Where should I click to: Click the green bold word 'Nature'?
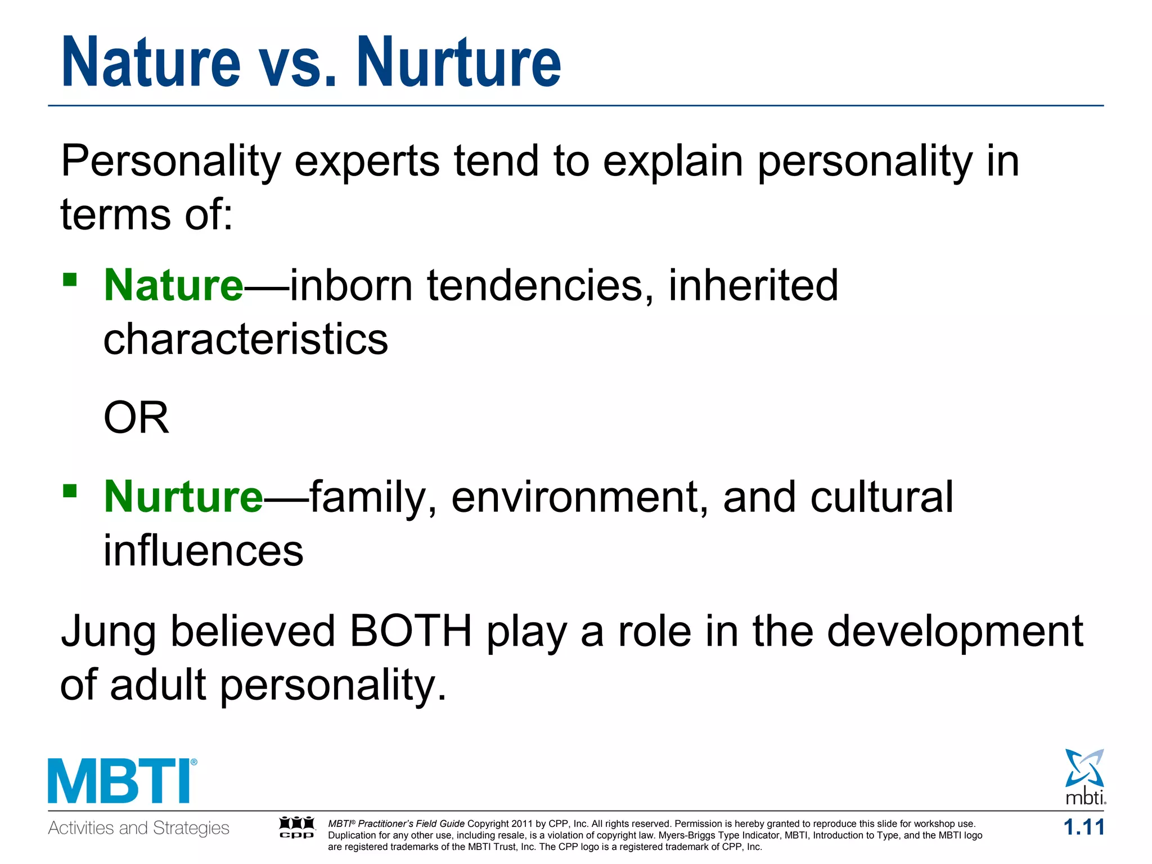click(x=173, y=286)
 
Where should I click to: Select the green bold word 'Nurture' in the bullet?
click(x=183, y=497)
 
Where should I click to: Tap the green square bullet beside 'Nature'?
click(x=70, y=280)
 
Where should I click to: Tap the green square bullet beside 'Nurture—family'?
click(x=70, y=491)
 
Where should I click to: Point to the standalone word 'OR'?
click(x=136, y=418)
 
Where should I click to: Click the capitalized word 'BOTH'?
click(x=411, y=631)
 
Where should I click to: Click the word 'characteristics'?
click(x=246, y=339)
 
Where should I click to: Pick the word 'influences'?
click(x=203, y=551)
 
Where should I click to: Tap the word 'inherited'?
click(x=753, y=286)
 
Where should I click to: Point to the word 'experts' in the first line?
click(x=367, y=161)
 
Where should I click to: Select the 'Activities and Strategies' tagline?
click(x=138, y=828)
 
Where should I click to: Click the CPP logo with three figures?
click(x=296, y=827)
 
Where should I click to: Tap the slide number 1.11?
click(x=1083, y=827)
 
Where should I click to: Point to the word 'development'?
click(x=955, y=631)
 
